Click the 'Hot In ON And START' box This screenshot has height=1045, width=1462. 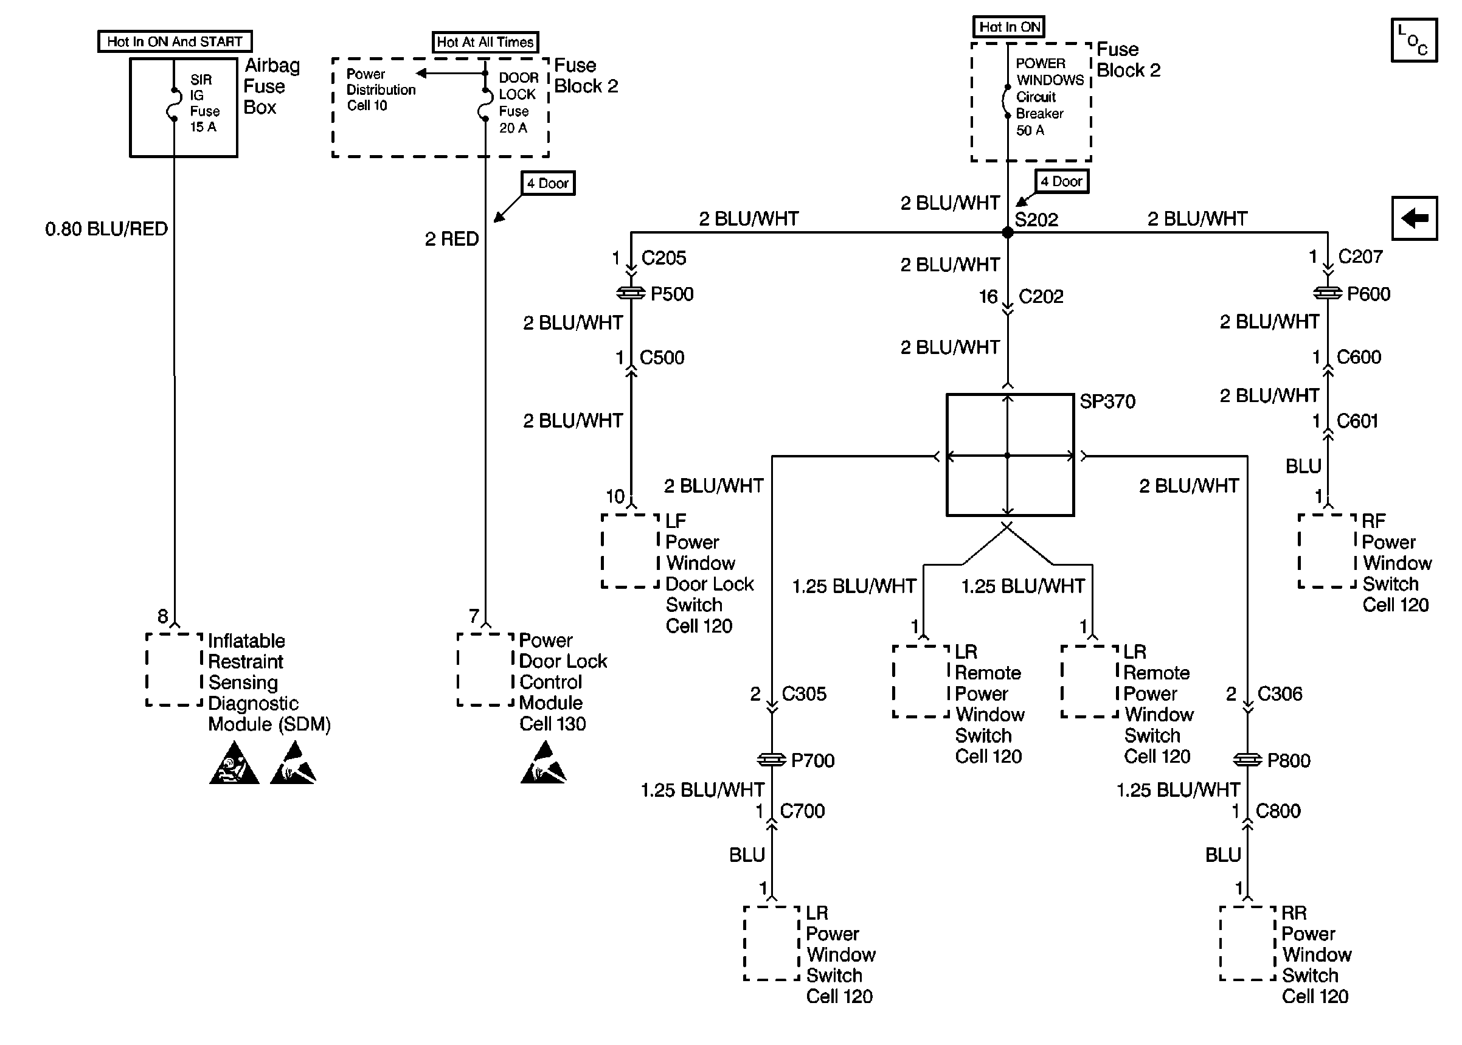(x=175, y=42)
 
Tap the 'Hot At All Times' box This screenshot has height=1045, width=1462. (x=485, y=43)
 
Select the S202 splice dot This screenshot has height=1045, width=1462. (x=1007, y=232)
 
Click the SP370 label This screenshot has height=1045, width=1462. (x=1107, y=401)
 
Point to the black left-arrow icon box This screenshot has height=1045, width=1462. (x=1414, y=218)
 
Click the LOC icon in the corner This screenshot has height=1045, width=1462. (x=1414, y=40)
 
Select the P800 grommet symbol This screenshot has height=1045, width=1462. (x=1247, y=760)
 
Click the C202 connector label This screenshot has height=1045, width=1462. (x=1041, y=297)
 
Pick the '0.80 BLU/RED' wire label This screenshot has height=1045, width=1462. (x=106, y=229)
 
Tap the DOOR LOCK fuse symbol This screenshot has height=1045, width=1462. (x=484, y=104)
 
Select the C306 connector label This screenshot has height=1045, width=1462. (x=1280, y=693)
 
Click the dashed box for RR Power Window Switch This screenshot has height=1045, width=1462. (x=1247, y=943)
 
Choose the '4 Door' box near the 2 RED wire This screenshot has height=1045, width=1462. (x=548, y=183)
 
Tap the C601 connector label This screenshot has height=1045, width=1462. (x=1357, y=421)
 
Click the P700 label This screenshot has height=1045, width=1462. (x=812, y=760)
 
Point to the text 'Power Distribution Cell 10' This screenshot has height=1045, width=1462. (x=381, y=90)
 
